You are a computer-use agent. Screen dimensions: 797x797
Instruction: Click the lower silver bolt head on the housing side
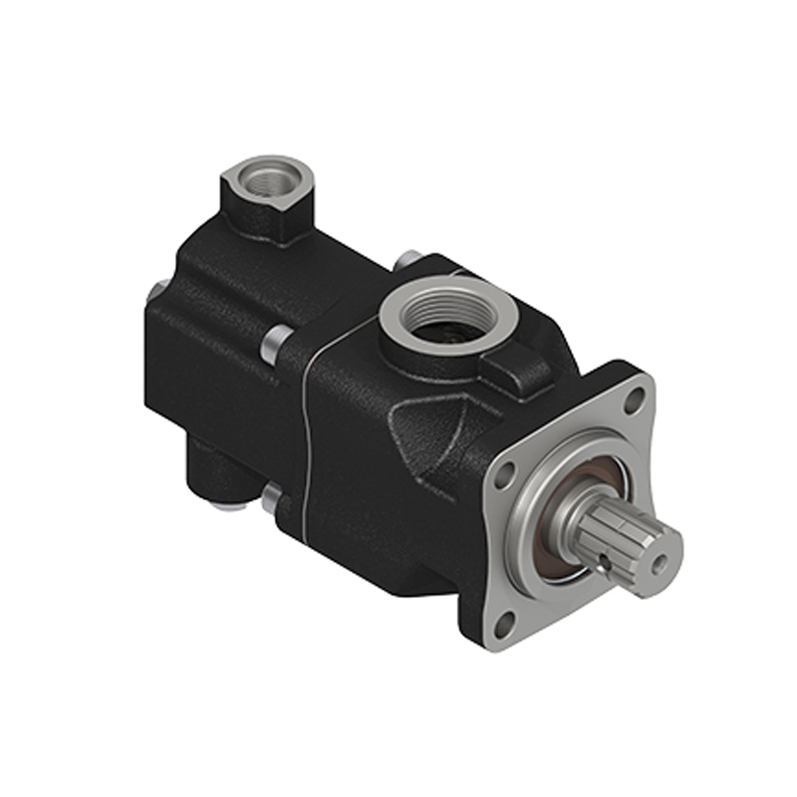[271, 499]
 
